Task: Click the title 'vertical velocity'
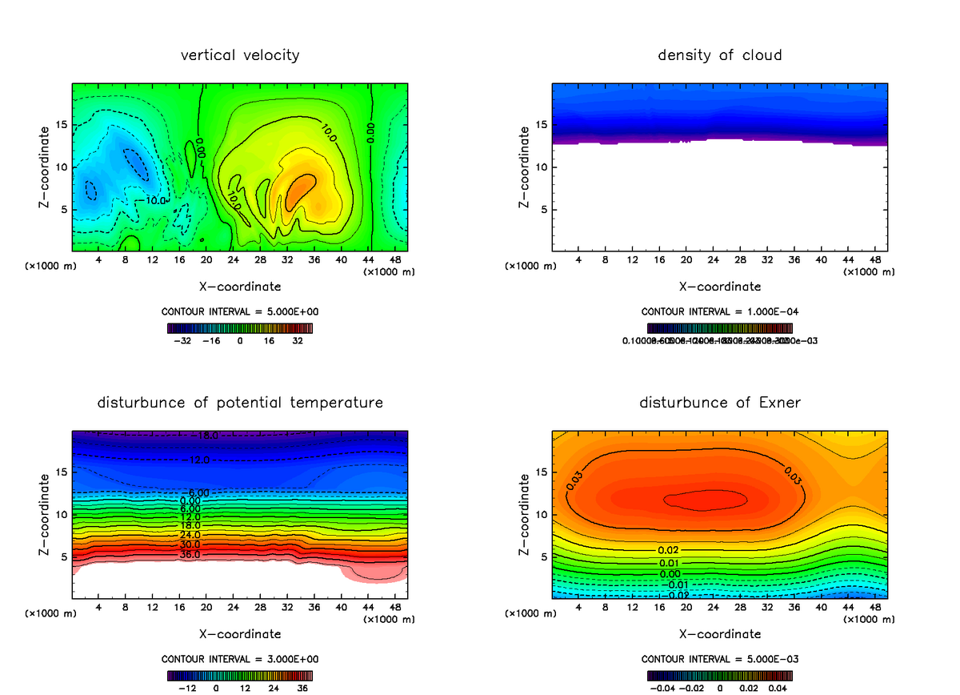(240, 55)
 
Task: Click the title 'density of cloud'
(719, 55)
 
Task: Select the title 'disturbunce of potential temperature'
(240, 402)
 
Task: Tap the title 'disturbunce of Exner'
(719, 402)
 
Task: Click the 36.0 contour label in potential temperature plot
(190, 554)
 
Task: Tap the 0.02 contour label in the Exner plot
(669, 550)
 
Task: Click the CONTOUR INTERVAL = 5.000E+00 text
(240, 311)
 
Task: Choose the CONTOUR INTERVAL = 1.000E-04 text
(719, 311)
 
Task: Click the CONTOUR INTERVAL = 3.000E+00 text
(240, 658)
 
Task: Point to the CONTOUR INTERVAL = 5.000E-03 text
(719, 658)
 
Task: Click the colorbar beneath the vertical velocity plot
(240, 327)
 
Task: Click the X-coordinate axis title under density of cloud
(719, 286)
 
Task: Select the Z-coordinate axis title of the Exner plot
(524, 513)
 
